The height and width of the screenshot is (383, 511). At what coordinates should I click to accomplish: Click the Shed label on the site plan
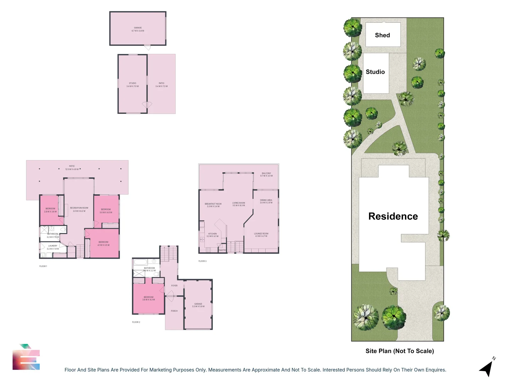click(x=382, y=35)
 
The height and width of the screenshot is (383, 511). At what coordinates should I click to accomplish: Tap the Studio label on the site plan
click(x=375, y=72)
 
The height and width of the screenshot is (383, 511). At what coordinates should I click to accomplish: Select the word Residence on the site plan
click(x=393, y=216)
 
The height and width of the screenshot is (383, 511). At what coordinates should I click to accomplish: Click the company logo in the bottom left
click(x=26, y=357)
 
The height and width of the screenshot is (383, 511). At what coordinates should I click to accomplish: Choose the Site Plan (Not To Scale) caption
click(x=400, y=351)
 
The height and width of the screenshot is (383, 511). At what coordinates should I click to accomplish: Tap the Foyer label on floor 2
click(x=174, y=285)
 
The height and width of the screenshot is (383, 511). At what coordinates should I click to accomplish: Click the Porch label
click(x=174, y=311)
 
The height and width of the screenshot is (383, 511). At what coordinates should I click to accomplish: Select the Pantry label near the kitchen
click(x=222, y=250)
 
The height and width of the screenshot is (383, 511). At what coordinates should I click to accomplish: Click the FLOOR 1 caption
click(x=43, y=266)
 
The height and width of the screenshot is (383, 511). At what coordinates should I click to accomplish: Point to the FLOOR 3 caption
click(x=202, y=261)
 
